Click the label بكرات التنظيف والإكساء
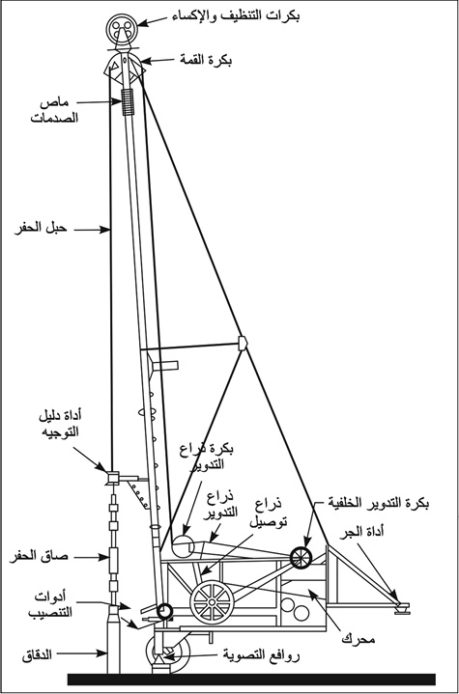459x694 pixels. point(236,16)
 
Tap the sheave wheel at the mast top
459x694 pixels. point(122,29)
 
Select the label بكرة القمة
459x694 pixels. point(206,59)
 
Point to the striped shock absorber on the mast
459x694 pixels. point(128,101)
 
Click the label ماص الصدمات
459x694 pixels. point(54,110)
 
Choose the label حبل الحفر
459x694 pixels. point(41,229)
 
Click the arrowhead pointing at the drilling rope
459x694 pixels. point(105,230)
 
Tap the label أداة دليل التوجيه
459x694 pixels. point(60,424)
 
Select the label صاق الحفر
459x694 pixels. point(39,556)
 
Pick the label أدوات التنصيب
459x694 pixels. point(50,604)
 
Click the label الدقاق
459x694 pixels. point(37,654)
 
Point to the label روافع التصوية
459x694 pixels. point(261,655)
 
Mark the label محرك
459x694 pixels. point(359,639)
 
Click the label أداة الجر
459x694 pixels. point(361,531)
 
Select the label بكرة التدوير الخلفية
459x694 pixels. point(379,502)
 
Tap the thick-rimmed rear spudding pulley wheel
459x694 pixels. point(301,558)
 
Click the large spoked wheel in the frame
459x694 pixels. point(212,602)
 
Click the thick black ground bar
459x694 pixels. point(251,680)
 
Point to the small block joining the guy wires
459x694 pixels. point(243,343)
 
